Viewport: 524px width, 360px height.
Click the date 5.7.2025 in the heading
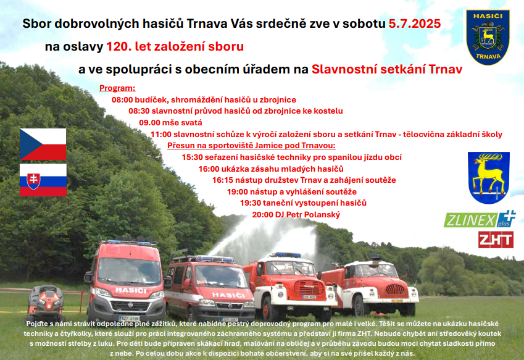click(x=414, y=23)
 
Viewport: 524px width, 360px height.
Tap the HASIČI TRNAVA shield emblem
click(x=488, y=37)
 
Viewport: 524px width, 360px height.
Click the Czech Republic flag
click(x=43, y=144)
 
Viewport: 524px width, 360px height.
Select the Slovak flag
click(x=43, y=180)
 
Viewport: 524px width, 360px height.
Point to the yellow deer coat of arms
click(x=489, y=177)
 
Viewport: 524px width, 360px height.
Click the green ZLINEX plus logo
click(x=480, y=219)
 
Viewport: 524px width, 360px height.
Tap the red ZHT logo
click(x=496, y=240)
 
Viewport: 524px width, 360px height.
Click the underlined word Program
click(x=117, y=88)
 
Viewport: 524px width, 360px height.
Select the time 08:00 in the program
click(x=122, y=99)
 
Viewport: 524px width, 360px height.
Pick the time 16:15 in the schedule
click(x=223, y=180)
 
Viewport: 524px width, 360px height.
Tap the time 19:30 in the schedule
click(x=251, y=203)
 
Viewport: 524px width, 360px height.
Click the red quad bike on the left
click(x=46, y=303)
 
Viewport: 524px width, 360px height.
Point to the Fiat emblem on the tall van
click(x=130, y=305)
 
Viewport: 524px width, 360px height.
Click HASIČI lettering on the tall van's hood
click(x=131, y=290)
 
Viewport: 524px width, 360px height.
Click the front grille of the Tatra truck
click(x=309, y=288)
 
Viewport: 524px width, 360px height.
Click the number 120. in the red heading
click(x=119, y=46)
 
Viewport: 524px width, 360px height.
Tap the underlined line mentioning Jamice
click(x=251, y=145)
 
